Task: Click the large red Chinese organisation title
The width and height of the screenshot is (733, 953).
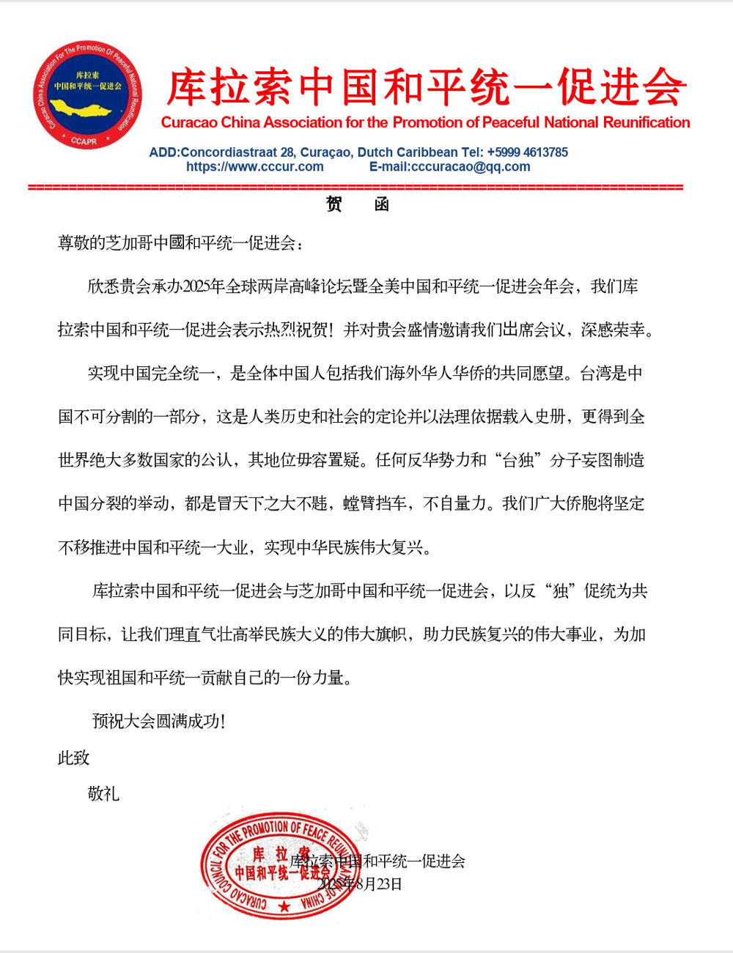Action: click(x=425, y=88)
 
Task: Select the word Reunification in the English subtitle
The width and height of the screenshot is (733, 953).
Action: click(x=647, y=122)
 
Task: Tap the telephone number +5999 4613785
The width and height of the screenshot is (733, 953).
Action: click(x=527, y=152)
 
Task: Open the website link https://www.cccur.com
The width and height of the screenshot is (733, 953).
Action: click(x=254, y=166)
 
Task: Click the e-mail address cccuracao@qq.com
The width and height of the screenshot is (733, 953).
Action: click(x=470, y=166)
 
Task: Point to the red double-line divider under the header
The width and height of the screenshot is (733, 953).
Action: click(x=356, y=188)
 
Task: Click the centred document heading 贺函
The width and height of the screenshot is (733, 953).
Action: click(x=357, y=204)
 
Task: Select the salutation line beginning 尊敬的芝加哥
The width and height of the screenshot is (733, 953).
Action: click(x=180, y=243)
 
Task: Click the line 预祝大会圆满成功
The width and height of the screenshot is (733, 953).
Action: click(x=158, y=721)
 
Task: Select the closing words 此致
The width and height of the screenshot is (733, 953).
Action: click(x=73, y=757)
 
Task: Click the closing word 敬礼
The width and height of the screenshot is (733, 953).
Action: click(x=103, y=793)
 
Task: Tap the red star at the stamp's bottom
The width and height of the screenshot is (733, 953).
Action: click(x=284, y=907)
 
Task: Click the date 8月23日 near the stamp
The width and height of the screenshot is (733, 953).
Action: click(x=380, y=883)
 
